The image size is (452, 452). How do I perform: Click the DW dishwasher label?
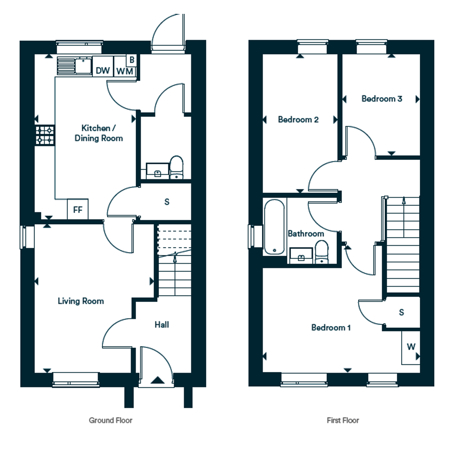coord(103,71)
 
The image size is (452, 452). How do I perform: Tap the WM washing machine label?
coord(125,71)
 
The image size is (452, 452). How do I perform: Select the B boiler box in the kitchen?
coord(132,60)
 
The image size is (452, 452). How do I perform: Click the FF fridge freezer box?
coord(77,209)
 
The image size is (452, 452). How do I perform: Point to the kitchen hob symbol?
coord(45,135)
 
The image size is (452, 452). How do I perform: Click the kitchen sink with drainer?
coord(74,66)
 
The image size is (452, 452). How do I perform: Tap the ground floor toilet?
coord(176,167)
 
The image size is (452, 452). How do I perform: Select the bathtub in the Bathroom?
coord(274,227)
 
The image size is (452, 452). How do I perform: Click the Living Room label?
coord(81,301)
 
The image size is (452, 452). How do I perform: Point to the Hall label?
coord(162,325)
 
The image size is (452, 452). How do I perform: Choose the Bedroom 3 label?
coord(382,99)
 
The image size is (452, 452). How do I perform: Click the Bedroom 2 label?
coord(298,120)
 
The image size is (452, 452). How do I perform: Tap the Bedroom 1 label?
coord(331,328)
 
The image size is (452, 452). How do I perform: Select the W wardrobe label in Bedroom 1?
coord(411,346)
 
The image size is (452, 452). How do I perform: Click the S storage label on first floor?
coord(402,312)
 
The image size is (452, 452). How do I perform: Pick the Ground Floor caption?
coord(110,420)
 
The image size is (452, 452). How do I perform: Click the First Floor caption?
coord(343,420)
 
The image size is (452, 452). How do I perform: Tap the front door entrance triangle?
coord(158,380)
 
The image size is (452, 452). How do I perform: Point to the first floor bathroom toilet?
coord(322,252)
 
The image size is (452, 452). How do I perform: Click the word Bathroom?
coord(306,233)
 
